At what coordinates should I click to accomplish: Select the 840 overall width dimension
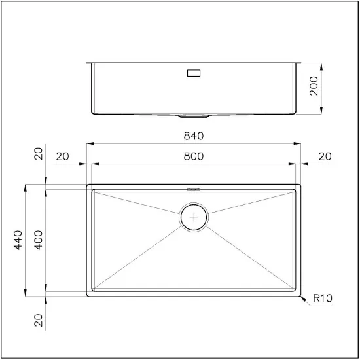pos(194,136)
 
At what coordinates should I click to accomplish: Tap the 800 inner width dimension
pos(194,156)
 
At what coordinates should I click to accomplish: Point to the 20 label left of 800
pos(62,156)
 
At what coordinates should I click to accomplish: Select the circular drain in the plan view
pos(194,217)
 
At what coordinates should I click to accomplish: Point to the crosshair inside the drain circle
pos(194,217)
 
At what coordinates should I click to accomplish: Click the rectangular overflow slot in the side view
pos(194,74)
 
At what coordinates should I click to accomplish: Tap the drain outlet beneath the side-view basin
pos(194,116)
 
